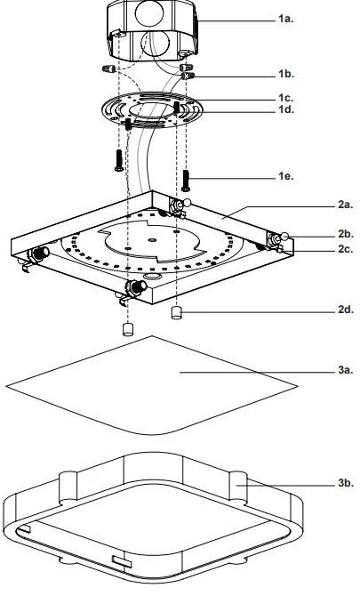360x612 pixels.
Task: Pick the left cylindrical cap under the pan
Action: (x=127, y=328)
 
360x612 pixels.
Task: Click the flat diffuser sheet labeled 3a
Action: (x=151, y=382)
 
